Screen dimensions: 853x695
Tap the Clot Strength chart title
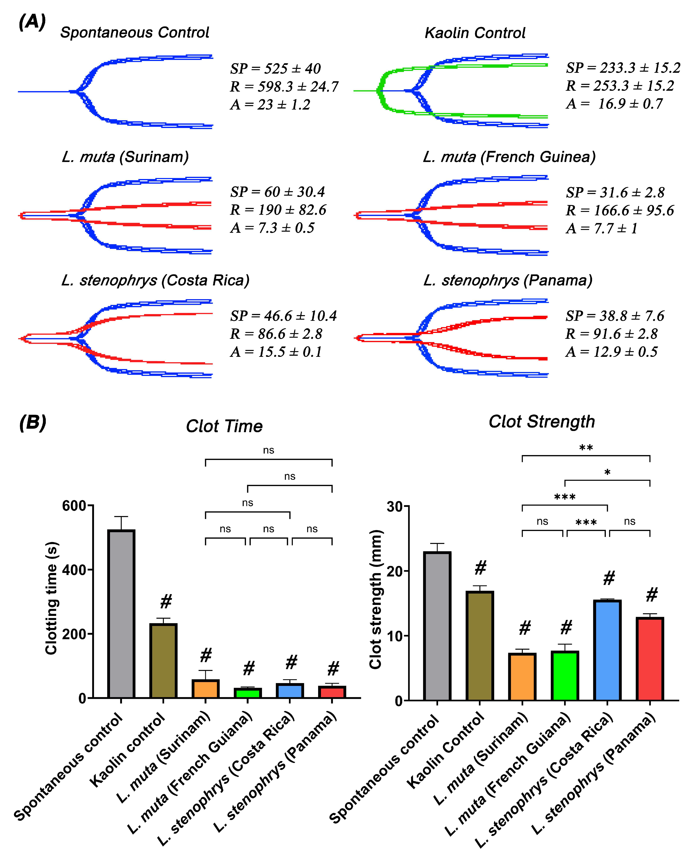point(542,422)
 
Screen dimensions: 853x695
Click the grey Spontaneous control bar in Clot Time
point(121,614)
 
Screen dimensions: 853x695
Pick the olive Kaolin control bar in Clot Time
point(163,661)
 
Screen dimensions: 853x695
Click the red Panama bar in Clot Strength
point(650,659)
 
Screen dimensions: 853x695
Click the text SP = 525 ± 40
point(275,69)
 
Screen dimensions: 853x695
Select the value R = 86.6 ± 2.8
point(276,334)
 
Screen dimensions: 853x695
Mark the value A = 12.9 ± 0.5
point(612,352)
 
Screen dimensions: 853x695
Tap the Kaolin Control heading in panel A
point(475,33)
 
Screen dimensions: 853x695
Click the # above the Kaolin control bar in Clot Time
point(166,601)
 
